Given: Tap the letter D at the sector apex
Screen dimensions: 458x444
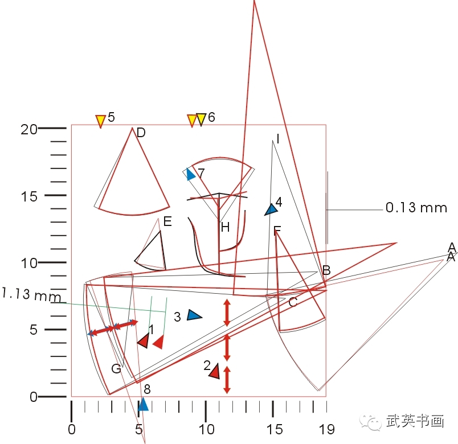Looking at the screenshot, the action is pos(141,133).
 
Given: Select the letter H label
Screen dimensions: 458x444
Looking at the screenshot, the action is pos(225,228).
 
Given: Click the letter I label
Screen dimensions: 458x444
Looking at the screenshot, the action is pos(277,139).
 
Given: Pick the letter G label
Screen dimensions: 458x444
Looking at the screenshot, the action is pos(116,369).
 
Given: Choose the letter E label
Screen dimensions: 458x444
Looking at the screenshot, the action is pos(167,222).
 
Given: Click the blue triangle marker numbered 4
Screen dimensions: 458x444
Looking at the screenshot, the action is pos(271,209).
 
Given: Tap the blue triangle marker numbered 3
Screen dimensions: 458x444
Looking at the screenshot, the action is pos(194,315).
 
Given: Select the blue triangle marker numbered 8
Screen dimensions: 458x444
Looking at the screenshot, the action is pos(144,404).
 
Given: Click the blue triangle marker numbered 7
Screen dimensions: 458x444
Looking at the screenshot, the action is pos(190,174).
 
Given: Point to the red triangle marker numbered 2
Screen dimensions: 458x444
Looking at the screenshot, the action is pos(214,371).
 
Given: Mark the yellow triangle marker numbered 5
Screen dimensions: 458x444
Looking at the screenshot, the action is pos(100,121).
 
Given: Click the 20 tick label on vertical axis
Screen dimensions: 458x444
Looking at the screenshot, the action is pos(29,129).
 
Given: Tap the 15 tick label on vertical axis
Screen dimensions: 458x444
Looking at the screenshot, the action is pos(29,196).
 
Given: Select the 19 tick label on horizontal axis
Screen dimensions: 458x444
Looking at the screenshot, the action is pos(326,428).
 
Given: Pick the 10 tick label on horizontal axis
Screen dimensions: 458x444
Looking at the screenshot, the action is pos(206,428).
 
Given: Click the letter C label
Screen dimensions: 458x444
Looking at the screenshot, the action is pos(292,302).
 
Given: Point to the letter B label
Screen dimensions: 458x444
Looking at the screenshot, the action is pos(326,270).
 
